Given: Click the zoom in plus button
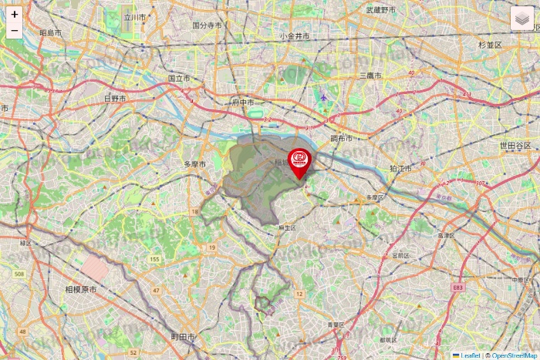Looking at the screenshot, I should pos(15,15).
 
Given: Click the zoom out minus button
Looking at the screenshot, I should pos(15,31).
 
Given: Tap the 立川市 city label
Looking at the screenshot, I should pos(135,16).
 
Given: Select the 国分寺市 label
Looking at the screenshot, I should pos(207,25).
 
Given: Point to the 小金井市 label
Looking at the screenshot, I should pos(295,36).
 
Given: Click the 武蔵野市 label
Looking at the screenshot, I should pos(380,10).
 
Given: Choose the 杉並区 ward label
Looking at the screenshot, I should pos(490,45).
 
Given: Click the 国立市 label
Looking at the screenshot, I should pos(180,78).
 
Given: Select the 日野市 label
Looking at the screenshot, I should pos(115,99).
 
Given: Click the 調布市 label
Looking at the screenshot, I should pos(341,139).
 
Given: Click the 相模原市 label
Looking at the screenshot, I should pos(81,290).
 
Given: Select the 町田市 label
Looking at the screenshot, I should pos(183,338).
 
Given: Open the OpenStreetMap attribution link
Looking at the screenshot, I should pos(514,355).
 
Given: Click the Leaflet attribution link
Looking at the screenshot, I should pos(470,355).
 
